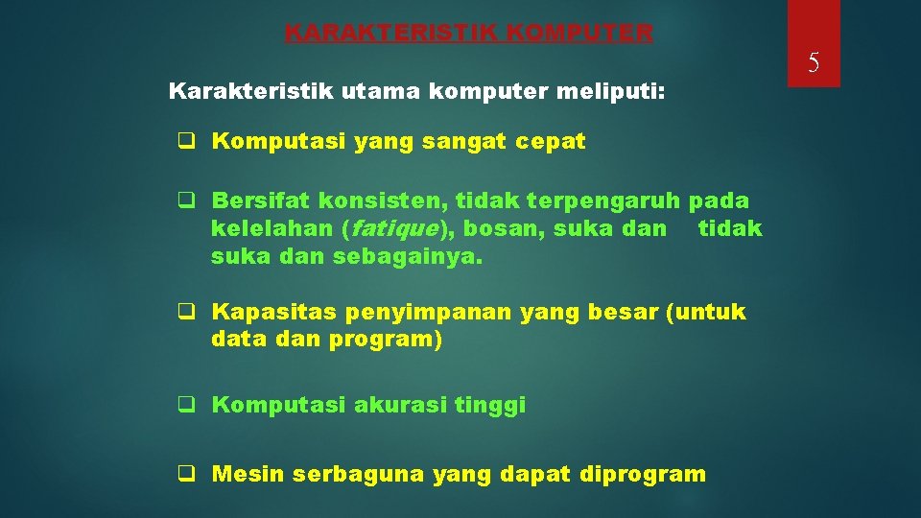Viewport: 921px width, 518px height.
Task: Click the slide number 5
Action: pyautogui.click(x=813, y=64)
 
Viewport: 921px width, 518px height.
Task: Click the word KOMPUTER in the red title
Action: pyautogui.click(x=579, y=34)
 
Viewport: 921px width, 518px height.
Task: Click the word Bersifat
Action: pyautogui.click(x=261, y=201)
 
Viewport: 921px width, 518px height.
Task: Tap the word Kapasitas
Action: pyautogui.click(x=266, y=312)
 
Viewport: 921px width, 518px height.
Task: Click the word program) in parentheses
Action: pyautogui.click(x=386, y=340)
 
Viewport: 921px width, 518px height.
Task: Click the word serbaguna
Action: pyautogui.click(x=359, y=474)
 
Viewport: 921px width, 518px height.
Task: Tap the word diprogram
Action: pyautogui.click(x=642, y=474)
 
